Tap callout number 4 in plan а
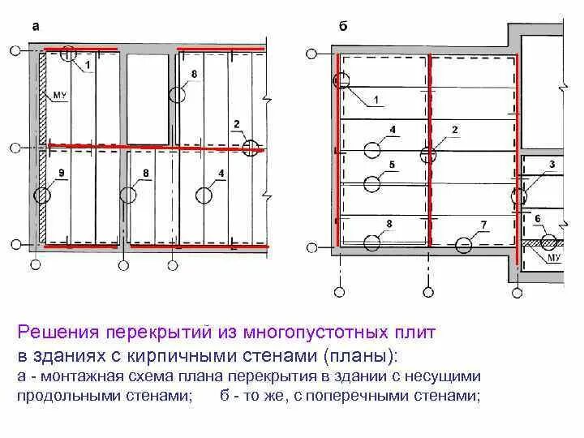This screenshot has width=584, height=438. tap(221, 174)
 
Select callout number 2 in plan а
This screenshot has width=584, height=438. tap(236, 123)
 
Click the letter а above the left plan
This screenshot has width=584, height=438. tap(35, 26)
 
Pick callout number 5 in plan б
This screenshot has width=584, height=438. tap(393, 165)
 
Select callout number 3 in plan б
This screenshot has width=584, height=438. tap(552, 165)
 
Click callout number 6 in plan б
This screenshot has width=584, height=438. tap(537, 219)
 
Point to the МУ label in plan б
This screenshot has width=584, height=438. tap(555, 257)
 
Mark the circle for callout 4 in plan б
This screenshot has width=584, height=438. tap(372, 150)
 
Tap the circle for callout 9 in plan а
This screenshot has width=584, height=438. tap(41, 195)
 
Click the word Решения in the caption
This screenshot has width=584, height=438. tap(57, 333)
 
